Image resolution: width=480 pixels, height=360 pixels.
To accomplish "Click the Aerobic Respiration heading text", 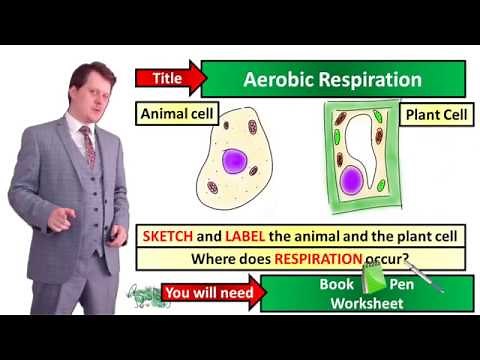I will pos(334,79).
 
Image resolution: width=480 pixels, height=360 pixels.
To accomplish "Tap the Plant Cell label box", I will pos(433,112).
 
